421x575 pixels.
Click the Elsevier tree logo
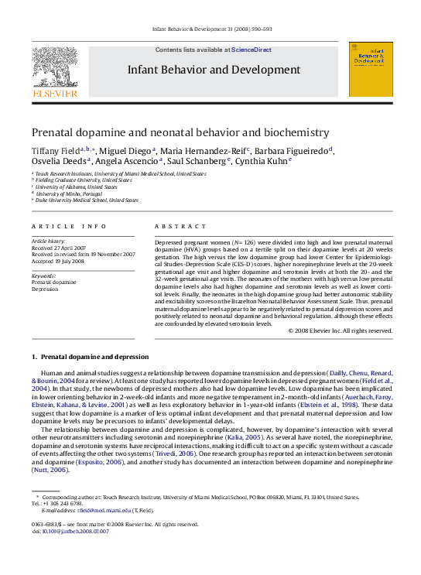coord(54,67)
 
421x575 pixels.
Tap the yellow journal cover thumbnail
coord(370,69)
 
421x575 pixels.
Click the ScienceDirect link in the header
coord(252,50)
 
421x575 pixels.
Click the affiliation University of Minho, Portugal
coord(72,193)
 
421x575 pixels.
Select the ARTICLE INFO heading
coord(69,226)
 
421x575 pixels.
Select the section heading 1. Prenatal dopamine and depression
coord(90,357)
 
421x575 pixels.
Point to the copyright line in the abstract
coord(340,331)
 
